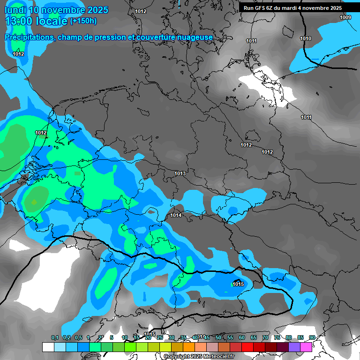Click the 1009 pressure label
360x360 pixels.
pyautogui.click(x=345, y=17)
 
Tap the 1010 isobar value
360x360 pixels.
pyautogui.click(x=306, y=38)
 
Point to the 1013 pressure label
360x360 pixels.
pyautogui.click(x=180, y=173)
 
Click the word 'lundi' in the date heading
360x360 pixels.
pyautogui.click(x=15, y=10)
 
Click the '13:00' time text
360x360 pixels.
pyautogui.click(x=19, y=21)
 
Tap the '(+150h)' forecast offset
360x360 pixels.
pyautogui.click(x=83, y=21)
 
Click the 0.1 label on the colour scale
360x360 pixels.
pyautogui.click(x=55, y=338)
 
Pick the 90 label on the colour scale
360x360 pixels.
pyautogui.click(x=312, y=338)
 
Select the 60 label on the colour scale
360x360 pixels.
pyautogui.click(x=241, y=338)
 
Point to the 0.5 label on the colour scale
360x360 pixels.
pyautogui.click(x=78, y=338)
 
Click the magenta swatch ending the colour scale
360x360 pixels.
pyautogui.click(x=306, y=347)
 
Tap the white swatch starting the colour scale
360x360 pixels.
pyautogui.click(x=48, y=347)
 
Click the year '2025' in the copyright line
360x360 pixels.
pyautogui.click(x=193, y=357)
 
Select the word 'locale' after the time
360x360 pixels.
pyautogui.click(x=52, y=21)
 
